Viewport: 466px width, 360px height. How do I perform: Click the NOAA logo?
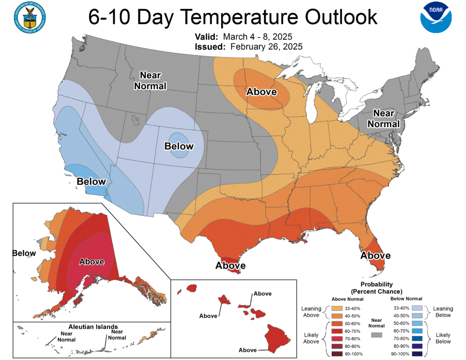click(x=436, y=18)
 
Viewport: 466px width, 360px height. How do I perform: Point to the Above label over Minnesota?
click(x=262, y=92)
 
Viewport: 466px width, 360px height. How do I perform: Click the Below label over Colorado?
click(x=179, y=146)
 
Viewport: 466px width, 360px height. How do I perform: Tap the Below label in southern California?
click(x=91, y=182)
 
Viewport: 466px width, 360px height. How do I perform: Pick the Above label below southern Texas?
click(x=231, y=265)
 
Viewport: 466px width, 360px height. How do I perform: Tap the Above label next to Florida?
click(x=375, y=256)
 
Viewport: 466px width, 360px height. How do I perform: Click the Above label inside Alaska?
click(x=91, y=262)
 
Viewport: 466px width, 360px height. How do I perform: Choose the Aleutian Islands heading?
click(x=93, y=327)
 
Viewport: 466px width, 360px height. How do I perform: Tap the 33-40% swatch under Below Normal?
click(x=415, y=308)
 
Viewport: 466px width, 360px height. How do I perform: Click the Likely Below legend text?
click(x=443, y=338)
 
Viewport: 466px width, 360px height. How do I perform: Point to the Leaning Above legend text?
click(x=311, y=312)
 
